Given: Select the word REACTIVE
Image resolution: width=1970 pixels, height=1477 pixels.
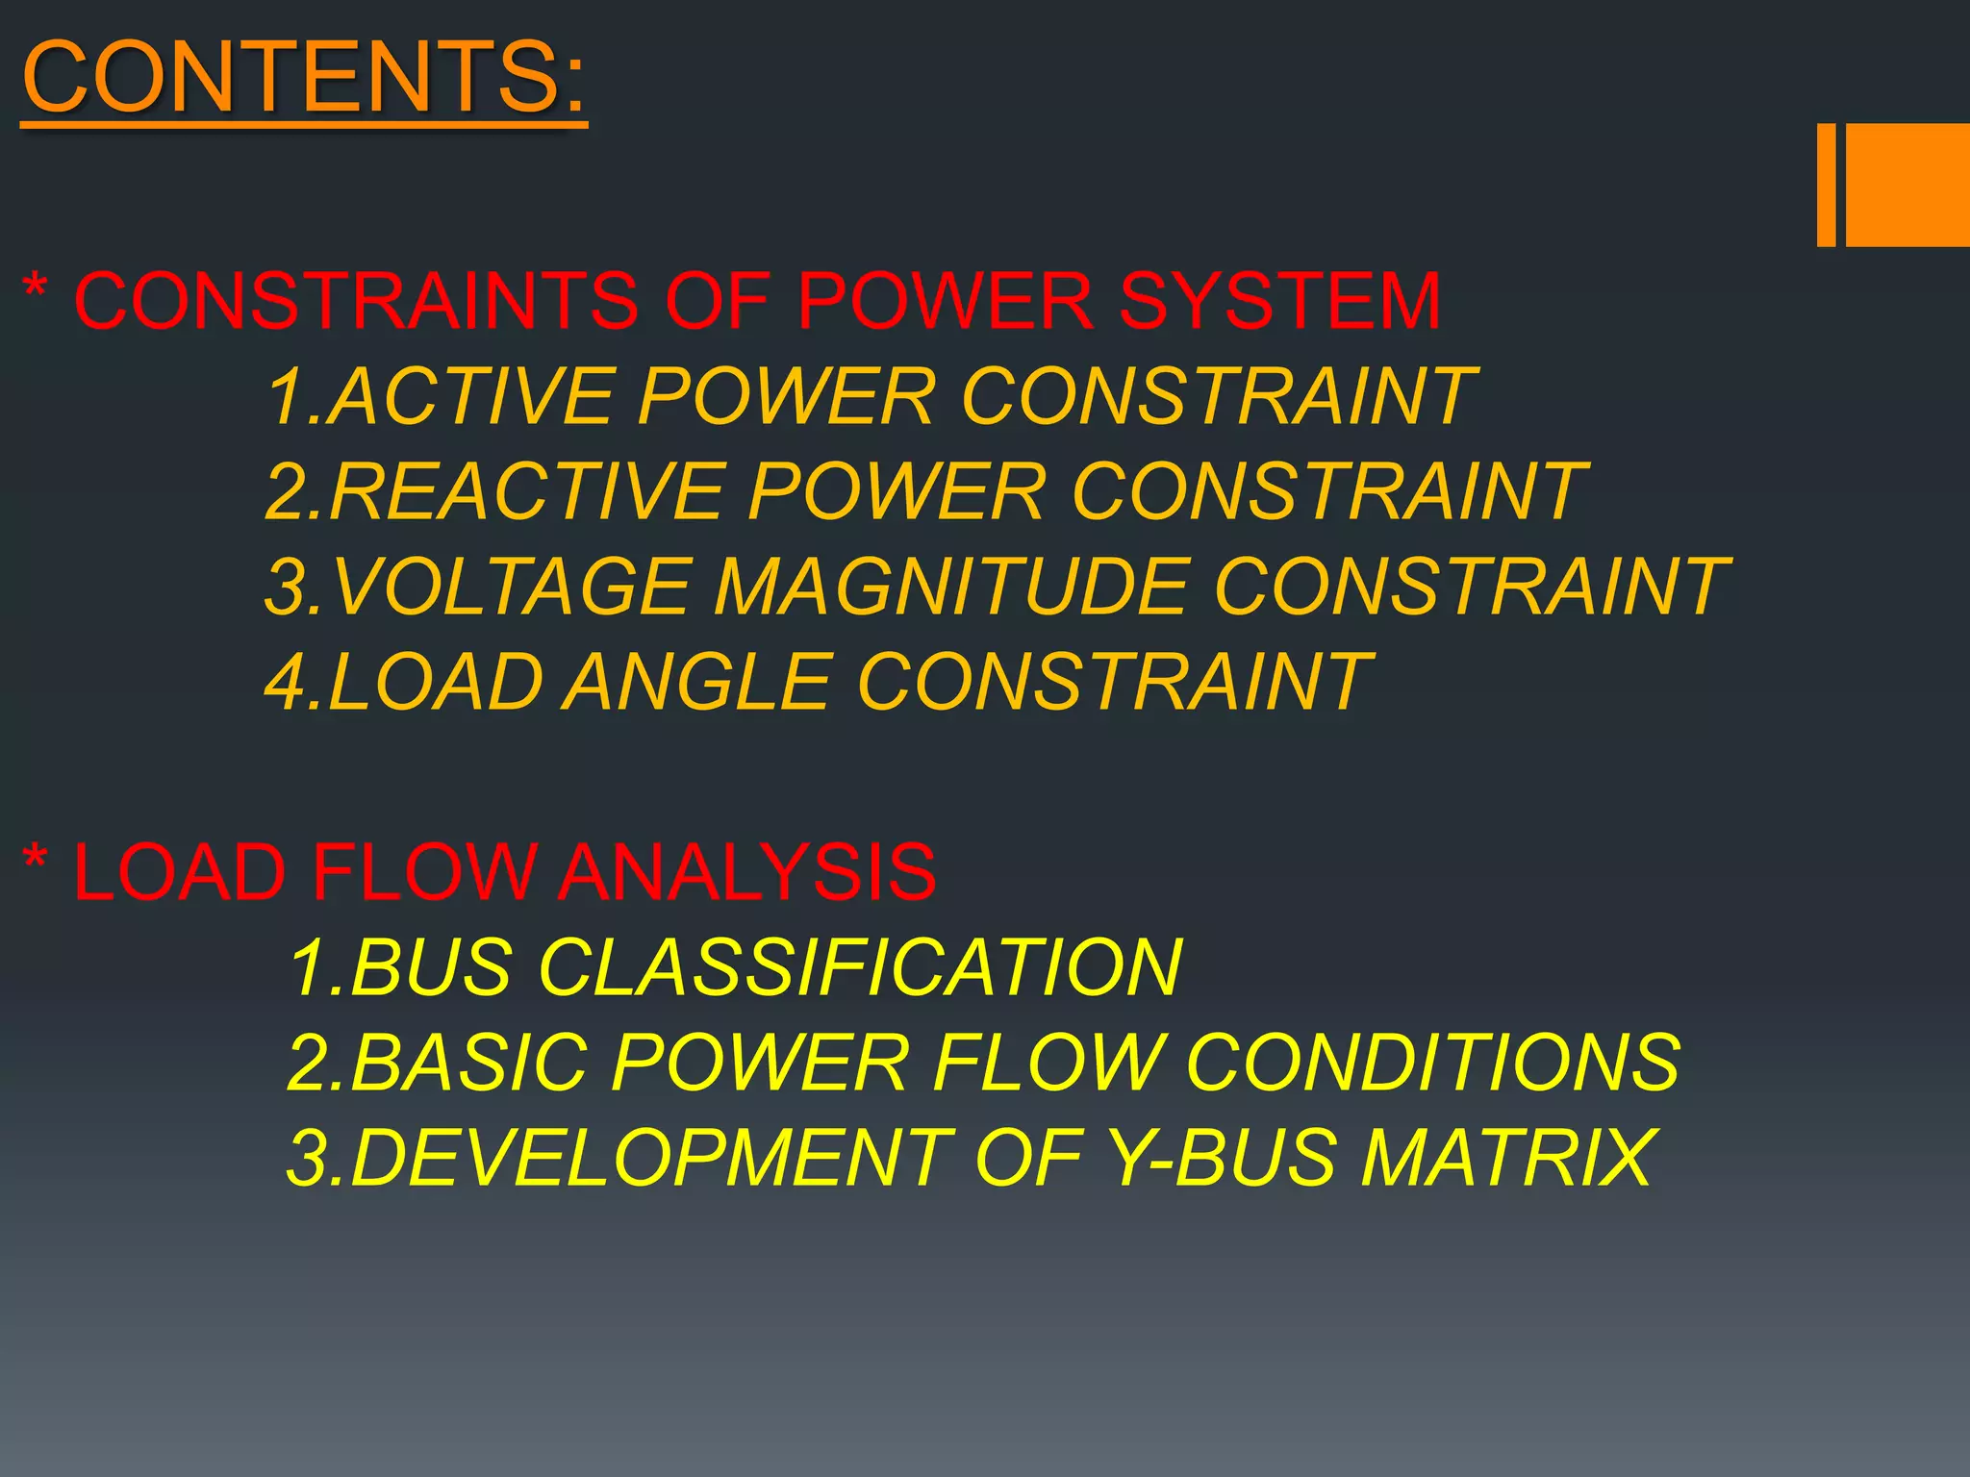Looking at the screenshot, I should click(x=525, y=491).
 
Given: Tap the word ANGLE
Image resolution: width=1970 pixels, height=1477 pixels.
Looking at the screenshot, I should click(x=696, y=682).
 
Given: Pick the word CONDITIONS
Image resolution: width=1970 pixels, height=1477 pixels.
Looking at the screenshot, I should click(x=1433, y=1062).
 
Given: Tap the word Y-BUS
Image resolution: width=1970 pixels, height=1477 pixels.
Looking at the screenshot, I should click(x=1222, y=1157).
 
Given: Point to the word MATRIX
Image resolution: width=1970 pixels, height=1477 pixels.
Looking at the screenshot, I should click(x=1506, y=1157).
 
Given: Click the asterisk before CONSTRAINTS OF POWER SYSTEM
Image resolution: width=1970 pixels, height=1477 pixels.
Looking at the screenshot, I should click(x=36, y=287).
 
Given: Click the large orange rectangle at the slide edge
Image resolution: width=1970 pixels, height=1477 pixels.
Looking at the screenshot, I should click(x=1907, y=185).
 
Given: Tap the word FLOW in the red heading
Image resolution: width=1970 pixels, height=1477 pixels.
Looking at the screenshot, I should click(x=423, y=872).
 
